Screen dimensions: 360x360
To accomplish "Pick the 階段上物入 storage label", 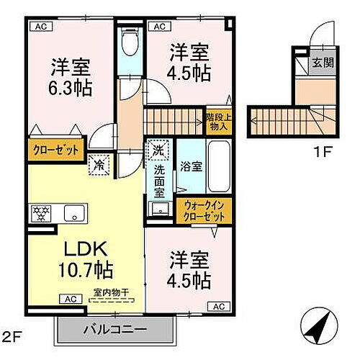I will coord(216,121).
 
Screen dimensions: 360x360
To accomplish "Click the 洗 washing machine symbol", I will coord(158,150).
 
